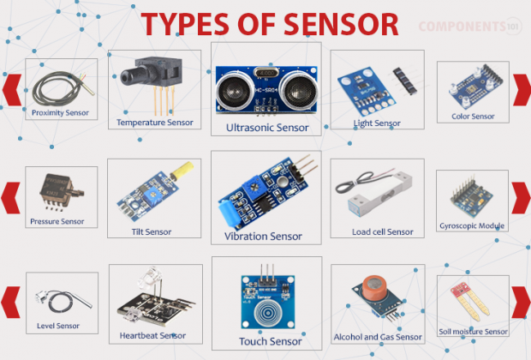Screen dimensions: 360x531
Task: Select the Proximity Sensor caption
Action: click(60, 112)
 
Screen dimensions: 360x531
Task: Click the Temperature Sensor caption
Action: click(156, 123)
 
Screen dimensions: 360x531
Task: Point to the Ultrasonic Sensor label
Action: click(266, 127)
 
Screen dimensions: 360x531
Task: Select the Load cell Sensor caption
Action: click(382, 231)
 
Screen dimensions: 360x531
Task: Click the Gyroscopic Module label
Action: click(472, 226)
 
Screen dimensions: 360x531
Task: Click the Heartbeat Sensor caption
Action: click(152, 335)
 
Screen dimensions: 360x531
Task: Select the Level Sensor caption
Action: click(58, 326)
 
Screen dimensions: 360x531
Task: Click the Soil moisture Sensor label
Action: click(473, 331)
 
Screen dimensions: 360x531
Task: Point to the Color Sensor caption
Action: click(473, 116)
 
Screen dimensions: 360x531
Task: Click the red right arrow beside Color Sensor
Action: click(521, 89)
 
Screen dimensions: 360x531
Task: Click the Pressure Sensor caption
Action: click(57, 221)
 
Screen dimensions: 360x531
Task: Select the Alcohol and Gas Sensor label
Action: click(377, 337)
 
